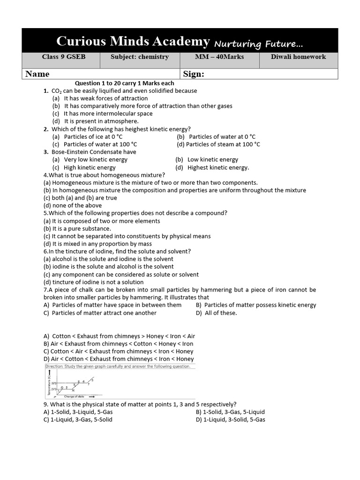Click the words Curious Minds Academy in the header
(x=133, y=41)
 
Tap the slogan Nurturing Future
(x=258, y=44)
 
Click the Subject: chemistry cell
(x=139, y=57)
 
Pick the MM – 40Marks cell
(x=219, y=57)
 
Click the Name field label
(x=37, y=74)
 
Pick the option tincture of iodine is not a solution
(x=93, y=282)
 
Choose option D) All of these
(x=217, y=313)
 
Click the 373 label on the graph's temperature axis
(x=53, y=383)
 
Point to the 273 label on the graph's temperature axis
(x=53, y=390)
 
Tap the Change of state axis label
(x=75, y=397)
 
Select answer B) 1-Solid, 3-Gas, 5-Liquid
(x=230, y=412)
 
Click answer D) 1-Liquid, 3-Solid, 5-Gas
(x=230, y=420)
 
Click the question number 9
(x=45, y=404)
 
